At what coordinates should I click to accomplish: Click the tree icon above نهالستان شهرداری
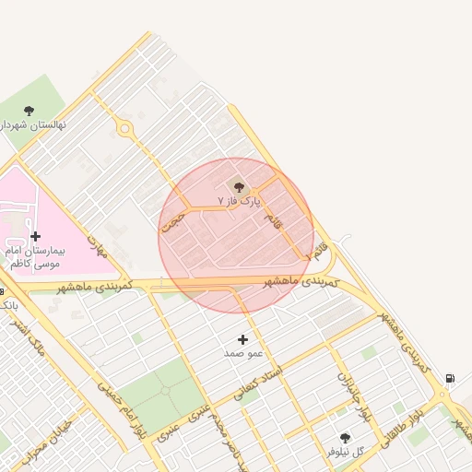(29, 111)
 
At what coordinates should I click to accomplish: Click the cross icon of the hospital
(36, 236)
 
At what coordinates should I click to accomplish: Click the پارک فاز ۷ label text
(240, 200)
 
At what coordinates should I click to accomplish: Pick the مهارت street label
(98, 245)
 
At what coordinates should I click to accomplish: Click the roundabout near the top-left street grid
(124, 129)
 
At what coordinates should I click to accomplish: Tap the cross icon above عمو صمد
(243, 340)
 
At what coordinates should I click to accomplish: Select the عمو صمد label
(243, 353)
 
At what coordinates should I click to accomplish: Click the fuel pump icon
(450, 378)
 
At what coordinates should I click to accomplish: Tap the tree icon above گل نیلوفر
(346, 438)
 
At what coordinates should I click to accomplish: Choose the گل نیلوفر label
(346, 452)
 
